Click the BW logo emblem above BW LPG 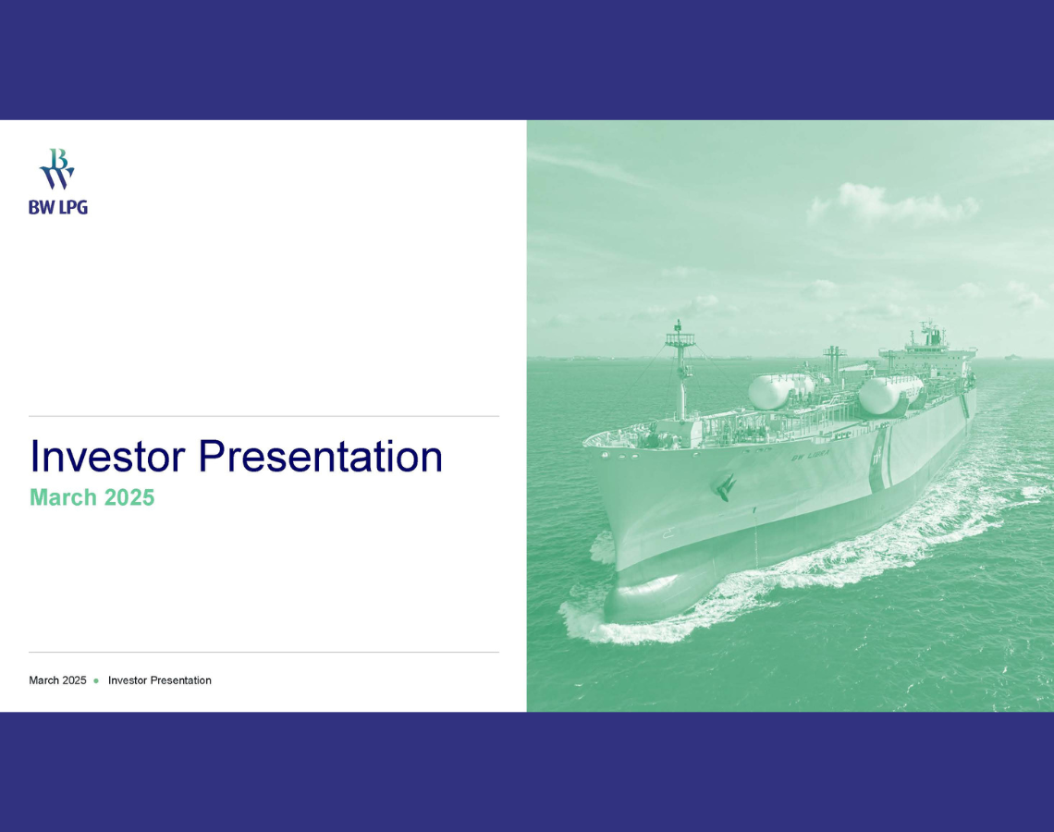(57, 168)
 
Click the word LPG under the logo (73, 208)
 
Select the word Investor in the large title (107, 457)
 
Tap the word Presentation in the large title (321, 457)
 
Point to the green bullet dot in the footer (96, 680)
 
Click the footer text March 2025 (58, 680)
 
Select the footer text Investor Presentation (160, 680)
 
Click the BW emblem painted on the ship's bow (725, 486)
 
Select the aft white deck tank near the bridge (889, 395)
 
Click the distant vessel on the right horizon (1012, 357)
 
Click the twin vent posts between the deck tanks (834, 364)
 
